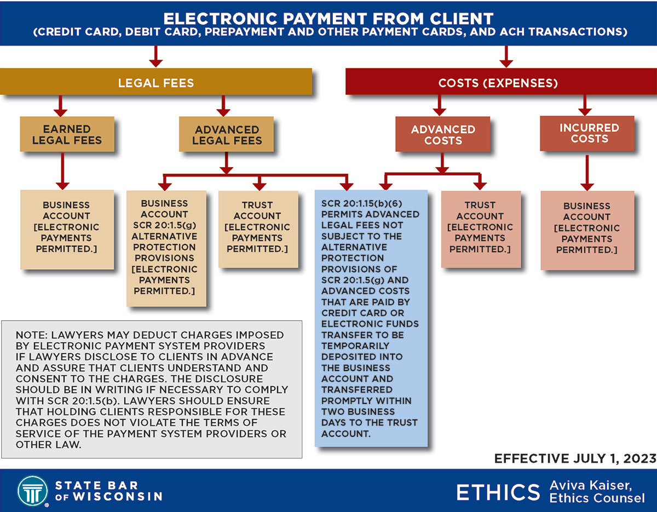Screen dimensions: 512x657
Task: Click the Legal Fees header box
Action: (156, 83)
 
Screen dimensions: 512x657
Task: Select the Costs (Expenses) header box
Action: (498, 83)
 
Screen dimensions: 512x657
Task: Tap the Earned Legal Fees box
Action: (67, 134)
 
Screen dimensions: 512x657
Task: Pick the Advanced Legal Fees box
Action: (227, 135)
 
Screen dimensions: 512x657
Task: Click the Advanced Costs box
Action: (443, 135)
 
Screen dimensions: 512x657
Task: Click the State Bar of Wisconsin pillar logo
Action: (32, 490)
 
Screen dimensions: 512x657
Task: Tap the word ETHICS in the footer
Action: (498, 492)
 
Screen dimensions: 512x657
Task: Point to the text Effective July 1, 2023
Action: (575, 459)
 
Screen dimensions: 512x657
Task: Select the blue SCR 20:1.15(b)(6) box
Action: (371, 318)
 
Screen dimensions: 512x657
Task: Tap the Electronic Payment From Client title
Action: (328, 19)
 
